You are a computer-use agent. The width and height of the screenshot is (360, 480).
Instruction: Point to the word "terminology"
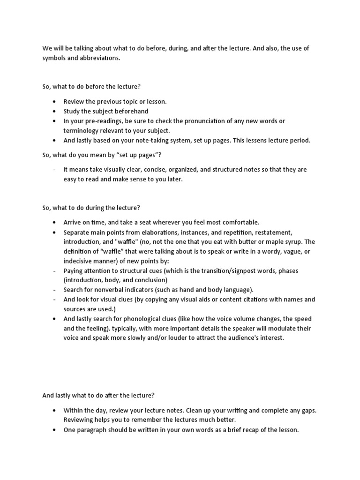pos(81,131)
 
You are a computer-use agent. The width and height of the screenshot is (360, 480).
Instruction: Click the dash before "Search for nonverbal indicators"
pos(55,290)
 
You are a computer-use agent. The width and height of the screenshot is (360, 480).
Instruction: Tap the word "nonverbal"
pos(109,290)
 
